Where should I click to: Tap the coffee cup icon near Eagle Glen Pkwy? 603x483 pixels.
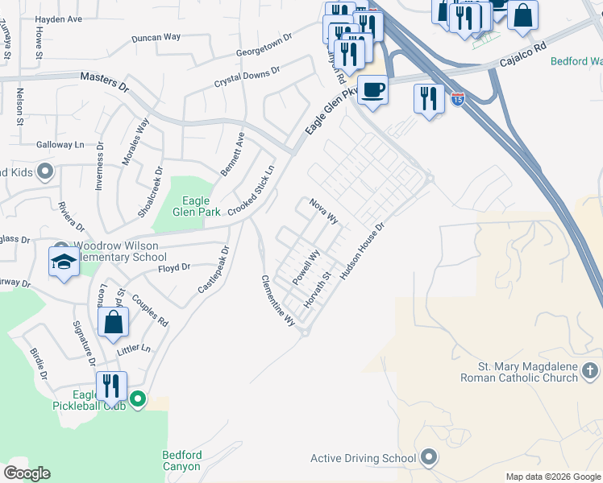[x=372, y=89]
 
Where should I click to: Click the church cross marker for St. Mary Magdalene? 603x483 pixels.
[x=591, y=370]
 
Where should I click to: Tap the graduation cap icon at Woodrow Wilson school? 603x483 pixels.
[x=64, y=261]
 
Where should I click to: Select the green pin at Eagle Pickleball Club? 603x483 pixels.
[x=138, y=398]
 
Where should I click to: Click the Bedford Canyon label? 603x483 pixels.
[x=187, y=461]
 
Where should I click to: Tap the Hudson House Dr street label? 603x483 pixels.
[x=364, y=251]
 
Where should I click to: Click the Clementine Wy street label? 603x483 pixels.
[x=277, y=300]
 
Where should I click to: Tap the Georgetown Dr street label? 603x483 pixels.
[x=264, y=44]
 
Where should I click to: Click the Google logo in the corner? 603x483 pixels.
[x=27, y=473]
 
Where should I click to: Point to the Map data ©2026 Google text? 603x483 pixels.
[x=553, y=477]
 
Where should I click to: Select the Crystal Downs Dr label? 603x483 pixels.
[x=247, y=77]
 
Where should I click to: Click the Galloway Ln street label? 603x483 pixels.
[x=60, y=145]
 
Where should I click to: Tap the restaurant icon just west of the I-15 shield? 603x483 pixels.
[x=428, y=99]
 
